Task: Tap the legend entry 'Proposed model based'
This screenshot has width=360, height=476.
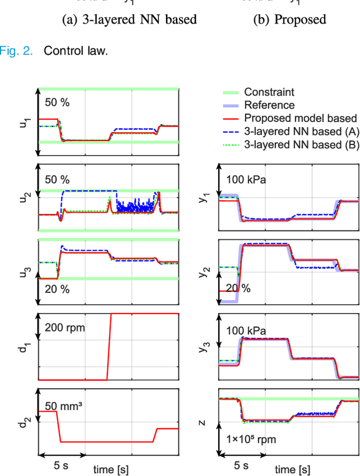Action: [300, 118]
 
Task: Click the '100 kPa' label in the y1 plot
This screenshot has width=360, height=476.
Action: [247, 179]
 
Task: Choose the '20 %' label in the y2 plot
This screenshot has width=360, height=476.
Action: [238, 288]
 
